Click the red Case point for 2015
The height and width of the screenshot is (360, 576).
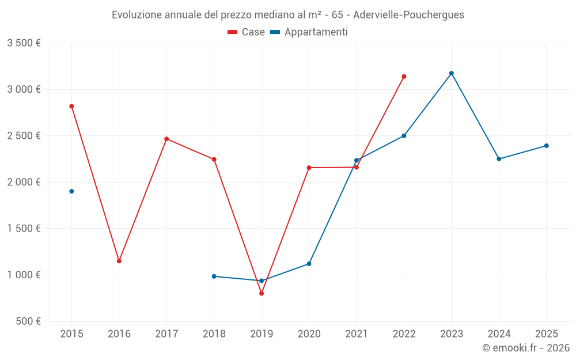(x=71, y=106)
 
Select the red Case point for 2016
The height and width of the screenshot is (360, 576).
(x=119, y=261)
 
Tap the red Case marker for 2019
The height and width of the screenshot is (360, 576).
(x=262, y=293)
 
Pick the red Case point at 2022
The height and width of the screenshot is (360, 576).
(x=404, y=76)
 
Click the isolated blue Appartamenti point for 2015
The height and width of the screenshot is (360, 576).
(x=71, y=191)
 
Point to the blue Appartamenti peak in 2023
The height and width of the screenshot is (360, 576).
(x=452, y=73)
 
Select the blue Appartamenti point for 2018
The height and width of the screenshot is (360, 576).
(x=214, y=276)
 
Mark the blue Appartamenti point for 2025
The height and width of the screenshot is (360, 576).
(x=547, y=146)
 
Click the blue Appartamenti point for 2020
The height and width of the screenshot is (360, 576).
(x=309, y=264)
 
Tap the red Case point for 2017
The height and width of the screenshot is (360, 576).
(x=166, y=139)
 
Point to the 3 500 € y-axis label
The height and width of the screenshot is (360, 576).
(x=24, y=43)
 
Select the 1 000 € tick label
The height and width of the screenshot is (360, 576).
(x=24, y=275)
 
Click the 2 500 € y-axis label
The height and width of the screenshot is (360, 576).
(x=24, y=136)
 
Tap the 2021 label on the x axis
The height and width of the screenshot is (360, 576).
(x=357, y=334)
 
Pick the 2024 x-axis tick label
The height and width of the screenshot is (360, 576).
(x=499, y=334)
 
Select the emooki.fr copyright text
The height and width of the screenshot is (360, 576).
(x=525, y=348)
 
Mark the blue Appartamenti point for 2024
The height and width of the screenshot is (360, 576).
(x=499, y=159)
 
